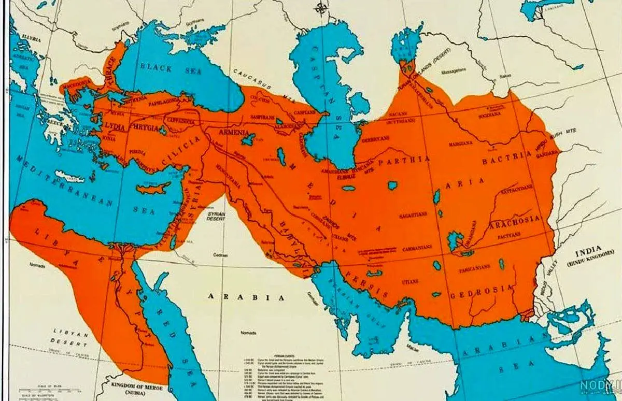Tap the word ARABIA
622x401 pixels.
click(x=246, y=297)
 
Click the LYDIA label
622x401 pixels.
click(x=114, y=126)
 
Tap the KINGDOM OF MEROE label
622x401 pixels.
click(x=138, y=387)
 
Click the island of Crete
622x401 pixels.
click(x=70, y=176)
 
